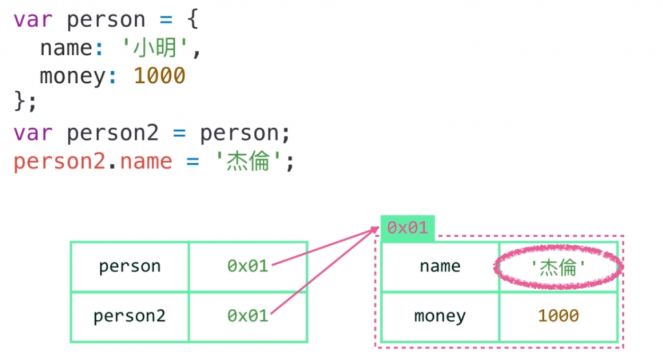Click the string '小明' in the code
click(x=155, y=49)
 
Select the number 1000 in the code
click(x=159, y=76)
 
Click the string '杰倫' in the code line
click(x=248, y=161)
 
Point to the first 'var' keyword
click(x=32, y=20)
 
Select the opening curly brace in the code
click(x=192, y=20)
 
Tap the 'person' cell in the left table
click(x=129, y=266)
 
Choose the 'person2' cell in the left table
click(x=129, y=316)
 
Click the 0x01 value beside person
click(x=247, y=266)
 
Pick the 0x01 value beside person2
click(x=247, y=316)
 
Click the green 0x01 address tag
click(x=407, y=228)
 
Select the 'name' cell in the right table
click(x=440, y=266)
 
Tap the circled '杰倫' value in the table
click(x=557, y=266)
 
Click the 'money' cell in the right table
click(x=440, y=316)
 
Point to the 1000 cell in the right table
click(x=557, y=316)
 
